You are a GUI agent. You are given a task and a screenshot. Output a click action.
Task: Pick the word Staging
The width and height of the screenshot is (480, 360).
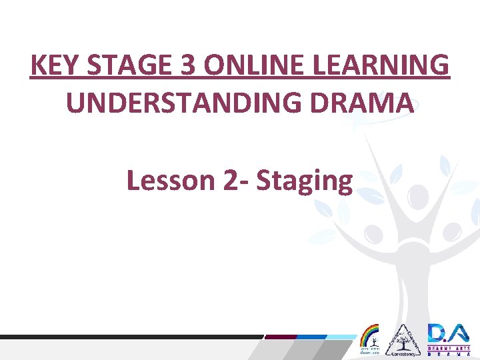point(304,181)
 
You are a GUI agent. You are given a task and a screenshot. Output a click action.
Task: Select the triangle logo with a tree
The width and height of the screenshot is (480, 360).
point(402,340)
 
